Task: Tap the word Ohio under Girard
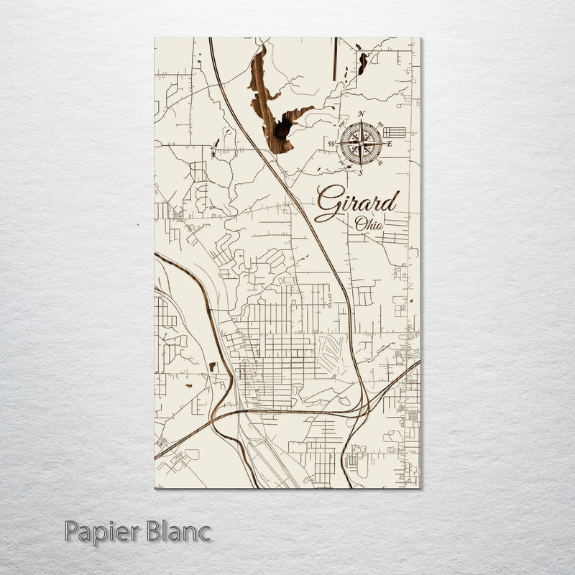click(369, 224)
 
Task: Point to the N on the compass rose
click(361, 114)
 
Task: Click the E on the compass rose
click(390, 144)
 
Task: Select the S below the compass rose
click(361, 172)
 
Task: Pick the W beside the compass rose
click(332, 144)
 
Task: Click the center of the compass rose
click(361, 142)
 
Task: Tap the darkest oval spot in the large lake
click(282, 129)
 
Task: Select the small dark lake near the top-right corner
click(363, 63)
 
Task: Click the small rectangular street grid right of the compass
click(394, 132)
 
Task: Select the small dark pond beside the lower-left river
click(212, 367)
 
